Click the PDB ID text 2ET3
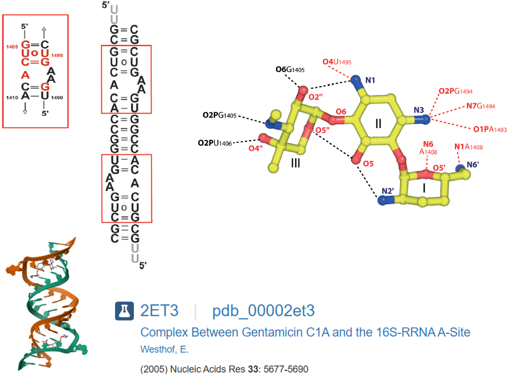point(160,311)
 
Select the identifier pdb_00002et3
point(263,311)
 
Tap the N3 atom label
point(419,110)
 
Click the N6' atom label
point(472,165)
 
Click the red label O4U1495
point(337,62)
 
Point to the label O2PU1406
point(215,143)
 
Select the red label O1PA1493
point(490,129)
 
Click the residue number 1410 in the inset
point(13,97)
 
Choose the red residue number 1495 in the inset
point(57,55)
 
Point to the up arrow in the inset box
point(44,30)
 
